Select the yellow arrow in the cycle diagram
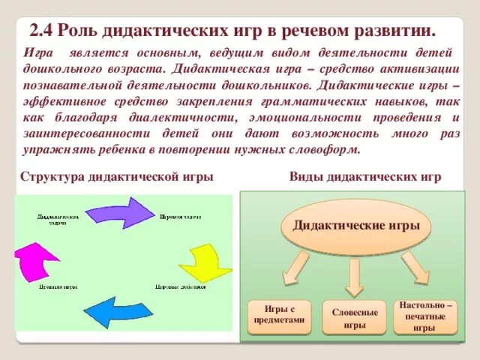pos(204,262)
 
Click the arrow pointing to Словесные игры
pos(355,277)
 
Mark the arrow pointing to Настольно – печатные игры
pos(415,268)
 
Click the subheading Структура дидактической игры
pos(117,176)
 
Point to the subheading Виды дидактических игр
pos(365,176)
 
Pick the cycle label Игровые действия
pos(180,286)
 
